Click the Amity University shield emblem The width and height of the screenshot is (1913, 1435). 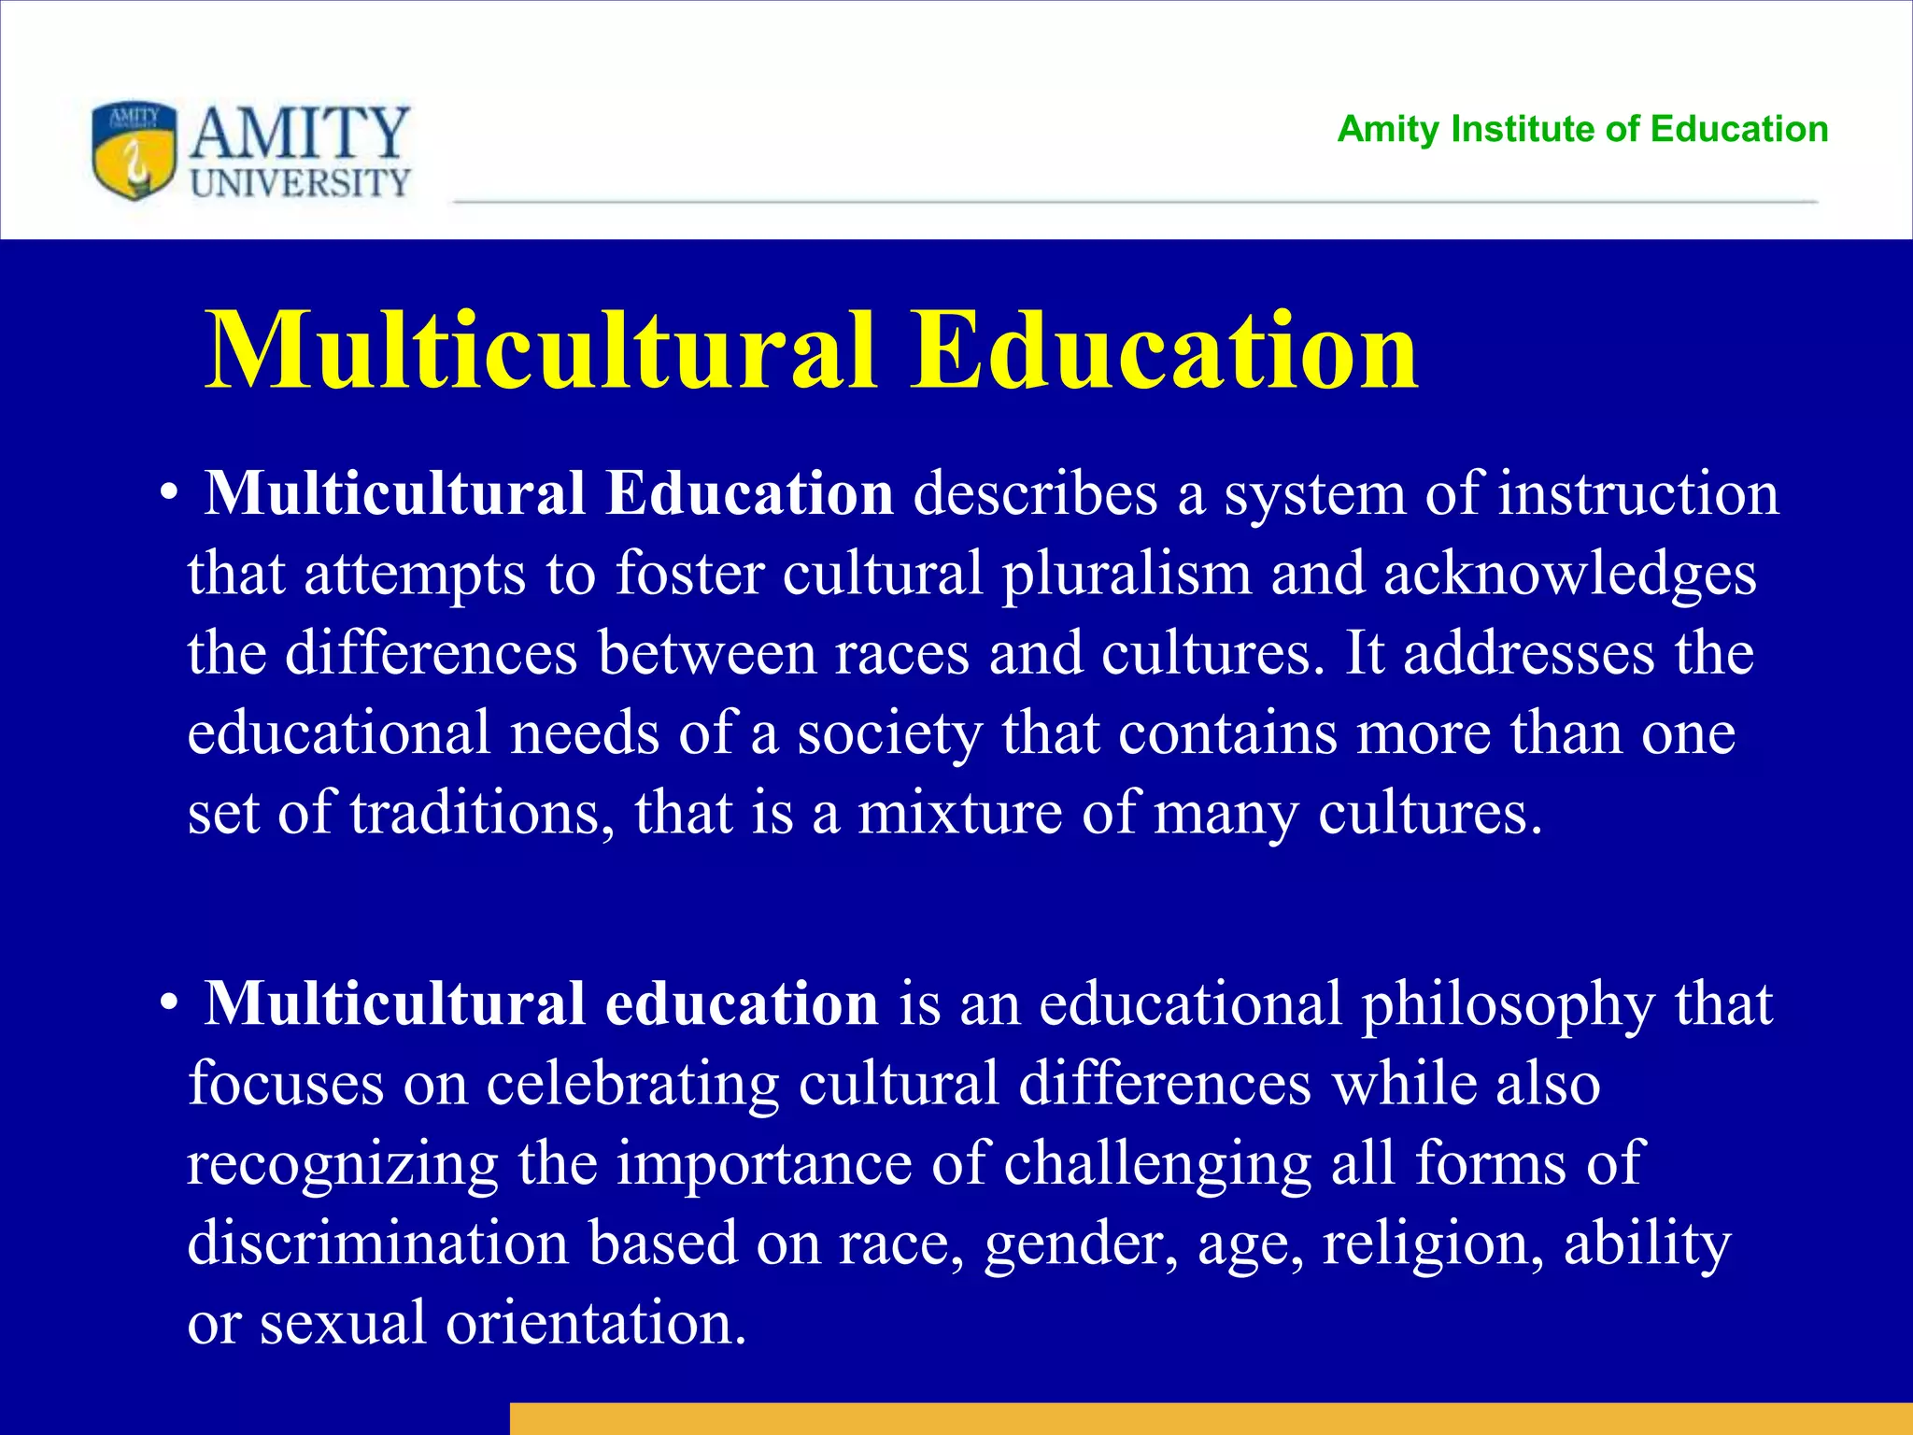click(x=134, y=150)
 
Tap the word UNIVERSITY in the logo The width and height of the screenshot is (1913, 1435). click(x=300, y=182)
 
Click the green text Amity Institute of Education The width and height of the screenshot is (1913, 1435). click(x=1582, y=129)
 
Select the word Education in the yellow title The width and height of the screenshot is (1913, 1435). click(x=1165, y=351)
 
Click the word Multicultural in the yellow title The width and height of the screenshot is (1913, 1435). click(x=541, y=351)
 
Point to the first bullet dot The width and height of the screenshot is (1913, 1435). click(x=168, y=494)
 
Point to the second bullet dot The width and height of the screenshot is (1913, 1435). click(x=168, y=1004)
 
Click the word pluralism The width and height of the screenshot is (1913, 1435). click(x=1127, y=573)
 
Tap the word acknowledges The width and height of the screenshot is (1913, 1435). click(x=1569, y=575)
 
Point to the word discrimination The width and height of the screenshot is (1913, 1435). click(x=377, y=1243)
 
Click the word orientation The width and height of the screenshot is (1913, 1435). click(x=596, y=1323)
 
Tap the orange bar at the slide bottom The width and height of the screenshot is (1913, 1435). click(x=1211, y=1418)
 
